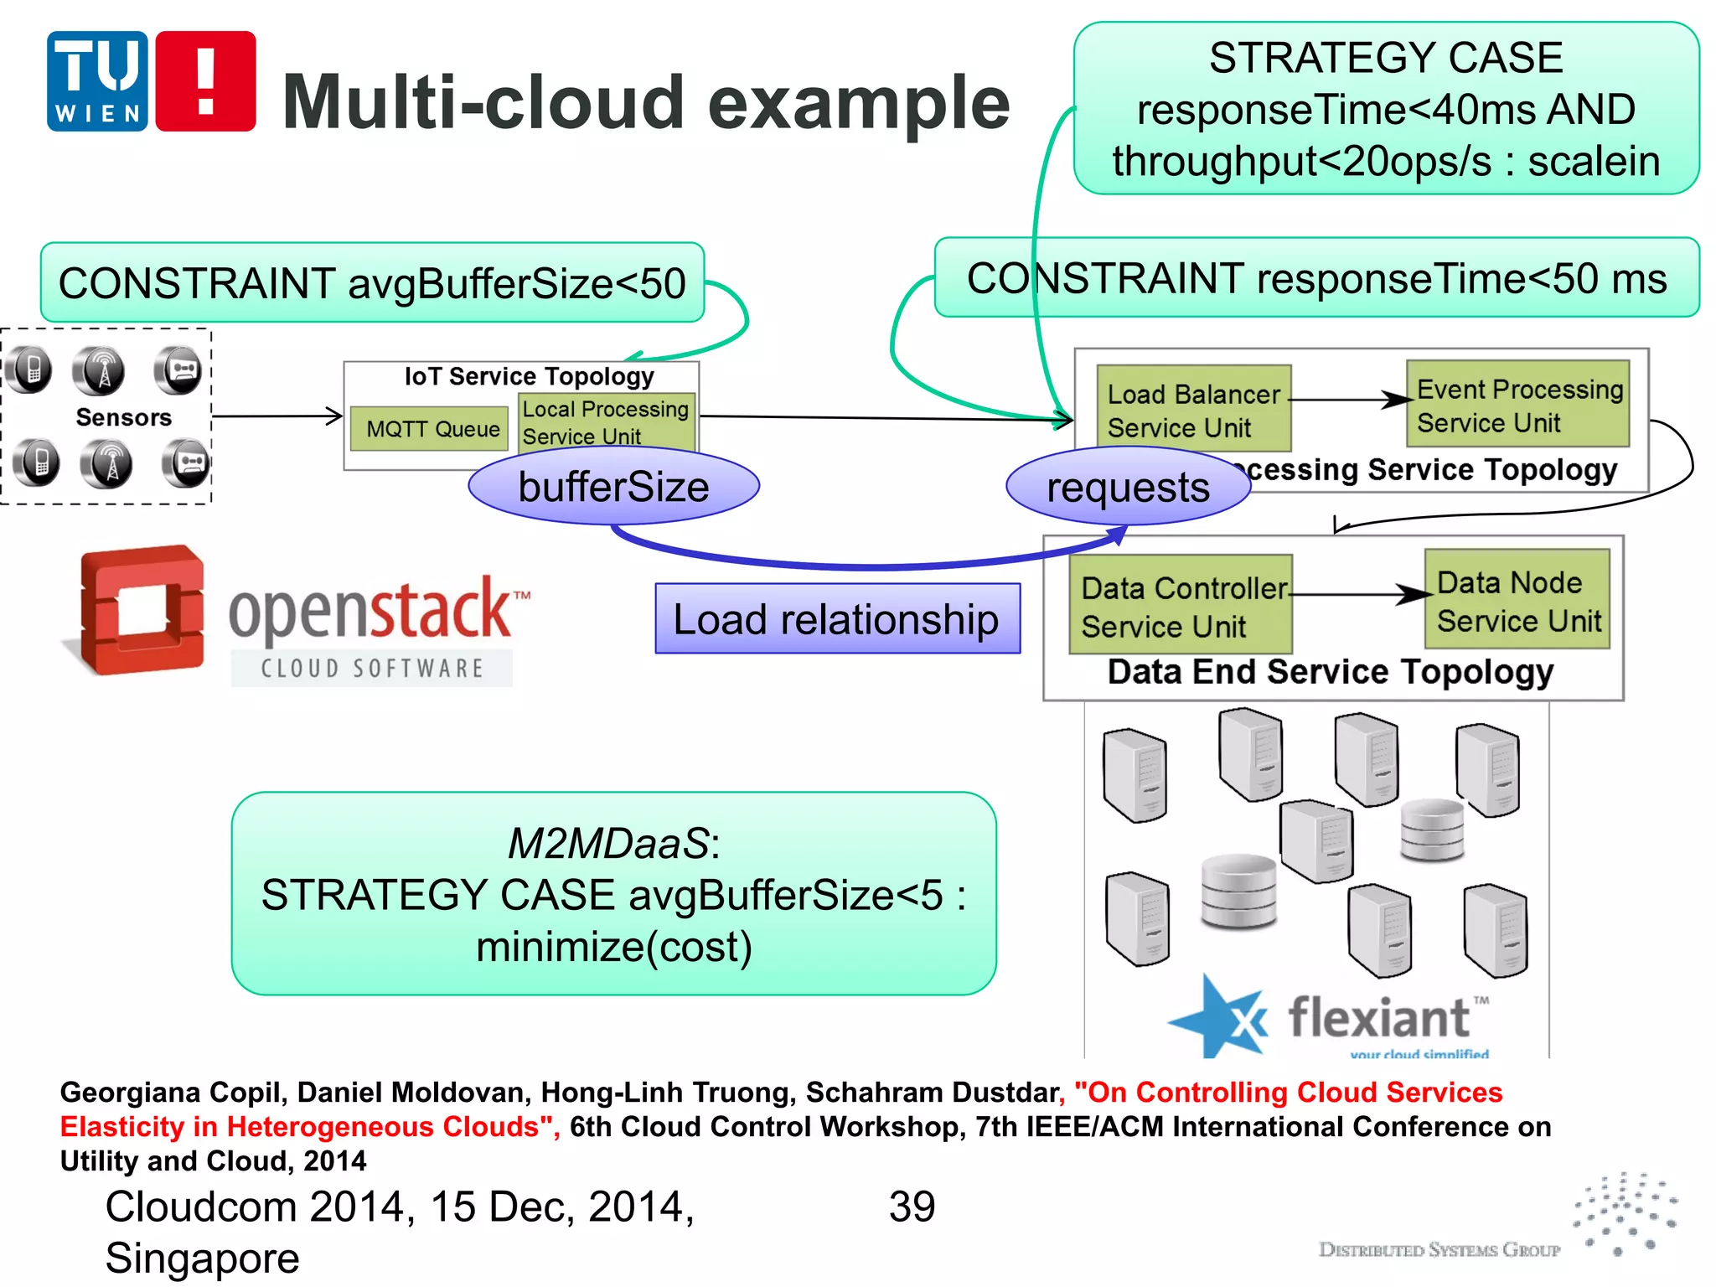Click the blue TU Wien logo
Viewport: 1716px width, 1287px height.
[97, 81]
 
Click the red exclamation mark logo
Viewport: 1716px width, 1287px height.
[205, 81]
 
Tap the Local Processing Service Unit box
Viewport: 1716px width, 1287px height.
[606, 422]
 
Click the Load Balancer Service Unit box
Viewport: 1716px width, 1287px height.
[1193, 409]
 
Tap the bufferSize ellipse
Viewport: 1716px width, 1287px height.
[613, 487]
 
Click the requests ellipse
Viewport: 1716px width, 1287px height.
[1128, 487]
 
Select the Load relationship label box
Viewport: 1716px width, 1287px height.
[837, 619]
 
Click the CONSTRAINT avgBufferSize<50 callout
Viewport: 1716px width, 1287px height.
[372, 283]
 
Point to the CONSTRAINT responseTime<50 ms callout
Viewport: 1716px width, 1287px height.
[1316, 278]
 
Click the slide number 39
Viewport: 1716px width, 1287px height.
[912, 1207]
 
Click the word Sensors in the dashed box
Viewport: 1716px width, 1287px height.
[123, 417]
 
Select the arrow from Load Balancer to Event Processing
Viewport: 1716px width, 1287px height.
[1349, 400]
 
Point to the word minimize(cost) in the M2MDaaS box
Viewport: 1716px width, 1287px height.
[613, 947]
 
